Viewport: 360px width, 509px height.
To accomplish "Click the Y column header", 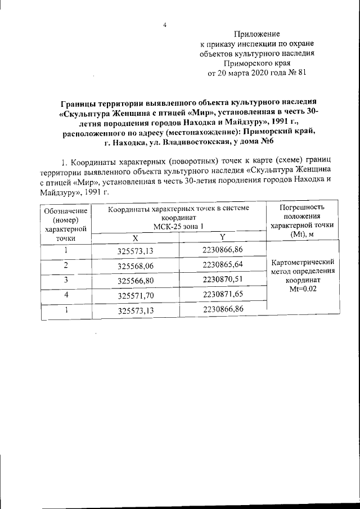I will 223,237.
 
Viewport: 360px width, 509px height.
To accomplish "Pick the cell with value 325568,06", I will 135,265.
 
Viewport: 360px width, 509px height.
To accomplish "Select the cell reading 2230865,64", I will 223,264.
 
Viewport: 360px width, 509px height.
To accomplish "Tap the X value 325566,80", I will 135,280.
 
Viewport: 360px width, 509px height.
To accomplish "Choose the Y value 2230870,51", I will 223,278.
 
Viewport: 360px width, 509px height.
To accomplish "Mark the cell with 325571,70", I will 135,294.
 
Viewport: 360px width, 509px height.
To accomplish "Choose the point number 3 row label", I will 66,279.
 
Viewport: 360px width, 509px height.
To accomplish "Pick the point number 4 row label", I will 66,294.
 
